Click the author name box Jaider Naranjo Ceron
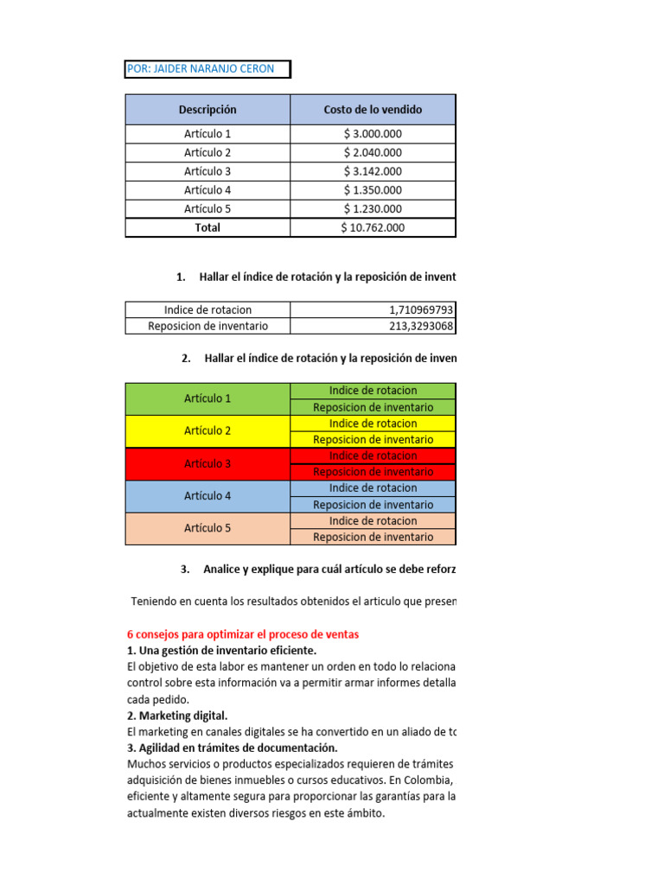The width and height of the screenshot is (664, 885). point(207,69)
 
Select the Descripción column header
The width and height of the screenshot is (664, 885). point(207,110)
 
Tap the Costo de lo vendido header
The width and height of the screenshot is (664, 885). point(373,110)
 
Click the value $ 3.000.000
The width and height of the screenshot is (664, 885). point(373,134)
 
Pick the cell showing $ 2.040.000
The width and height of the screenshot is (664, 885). point(373,153)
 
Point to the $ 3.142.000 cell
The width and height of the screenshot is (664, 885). point(373,171)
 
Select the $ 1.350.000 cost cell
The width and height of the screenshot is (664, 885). point(373,190)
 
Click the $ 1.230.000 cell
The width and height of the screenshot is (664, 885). point(373,209)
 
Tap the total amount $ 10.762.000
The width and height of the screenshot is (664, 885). point(373,228)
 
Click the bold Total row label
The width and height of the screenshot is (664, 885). point(207,228)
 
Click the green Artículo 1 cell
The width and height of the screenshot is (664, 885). point(207,398)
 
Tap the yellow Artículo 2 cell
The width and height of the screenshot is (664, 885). point(207,430)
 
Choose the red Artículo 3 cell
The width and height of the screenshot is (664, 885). point(207,463)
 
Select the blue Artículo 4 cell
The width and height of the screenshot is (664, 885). point(207,496)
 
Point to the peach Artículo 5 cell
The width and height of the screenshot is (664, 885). point(207,528)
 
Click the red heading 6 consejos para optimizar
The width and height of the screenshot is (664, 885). point(243,634)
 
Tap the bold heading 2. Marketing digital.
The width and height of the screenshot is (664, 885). point(177,716)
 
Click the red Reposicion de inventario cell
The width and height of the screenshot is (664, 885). point(373,472)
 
